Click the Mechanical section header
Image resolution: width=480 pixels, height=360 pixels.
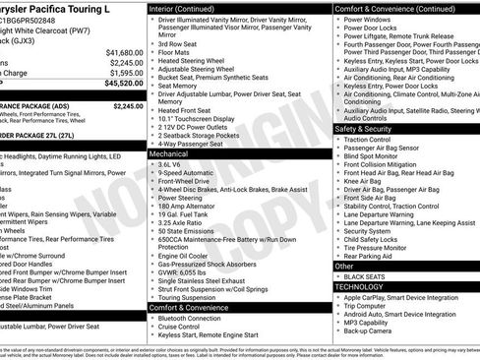click(171, 154)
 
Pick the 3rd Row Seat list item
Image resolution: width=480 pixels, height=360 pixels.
click(178, 44)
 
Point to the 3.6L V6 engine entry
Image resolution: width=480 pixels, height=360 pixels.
click(175, 165)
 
